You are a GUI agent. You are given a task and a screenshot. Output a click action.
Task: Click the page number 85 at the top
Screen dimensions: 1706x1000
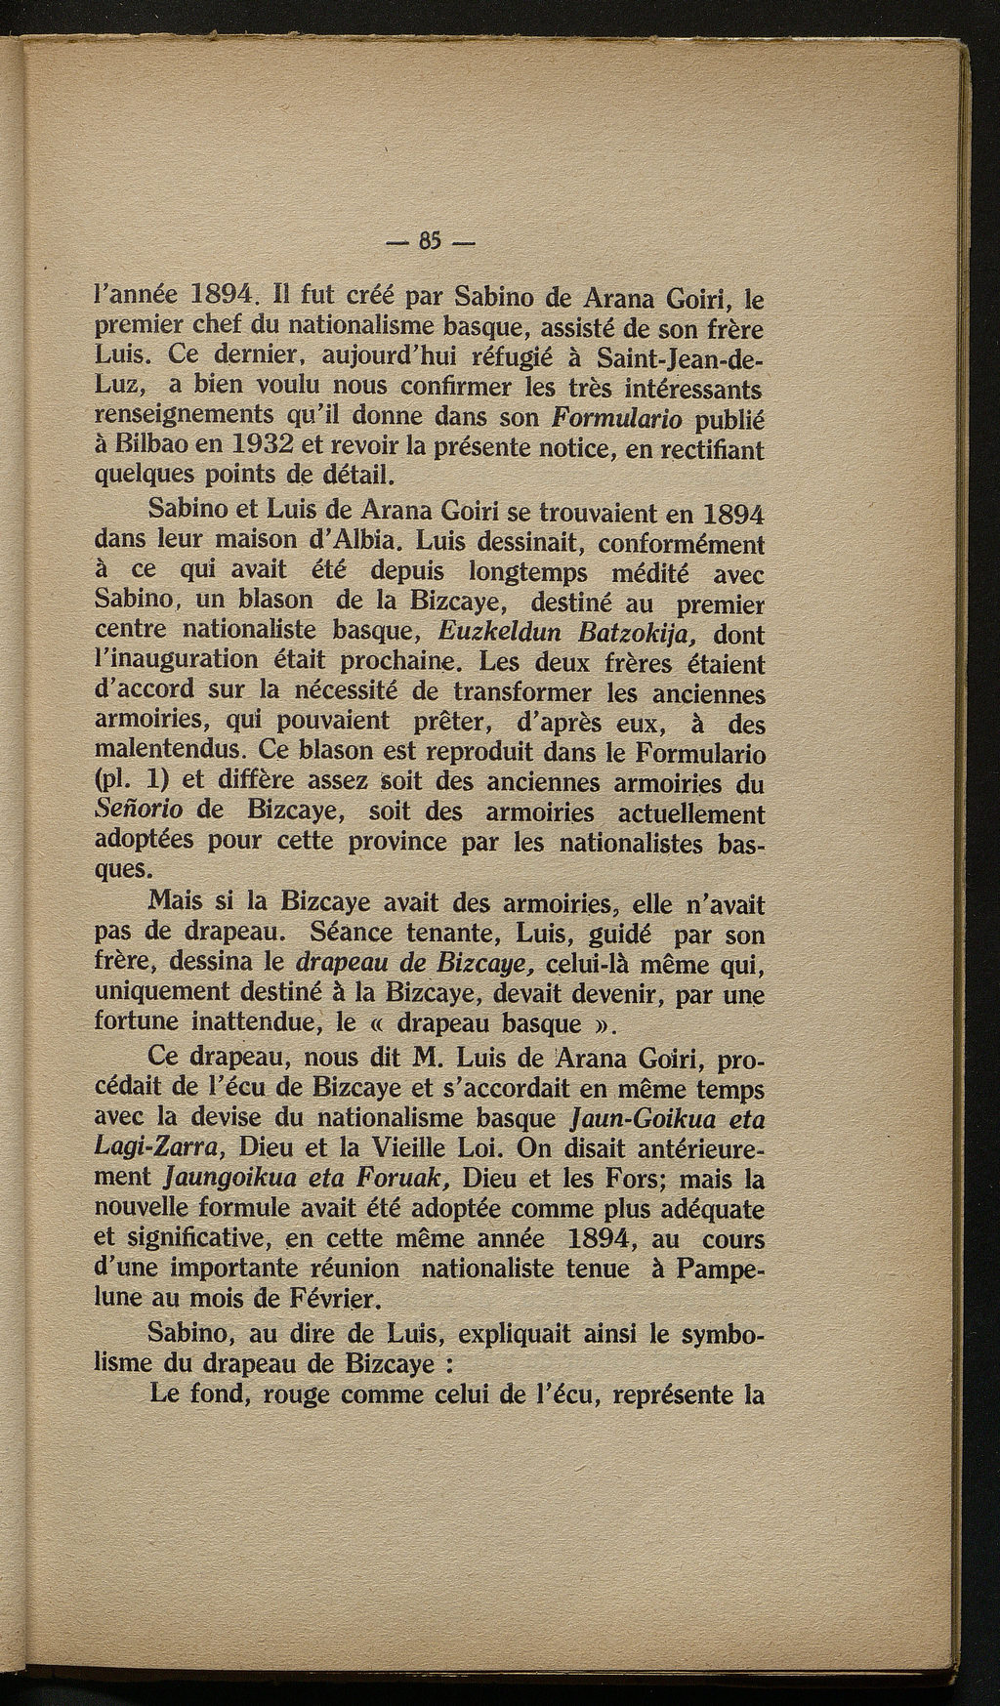pyautogui.click(x=431, y=239)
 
